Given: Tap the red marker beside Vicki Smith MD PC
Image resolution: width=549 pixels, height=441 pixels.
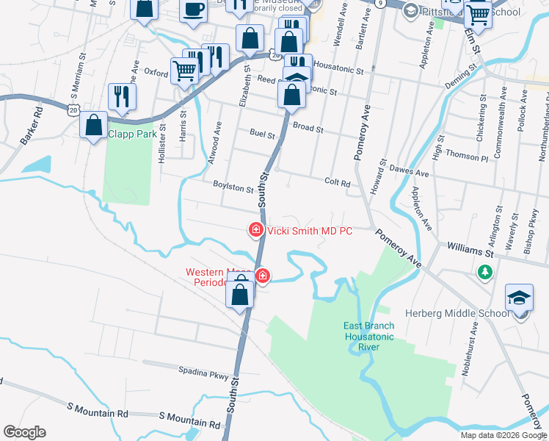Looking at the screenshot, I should click(x=256, y=230).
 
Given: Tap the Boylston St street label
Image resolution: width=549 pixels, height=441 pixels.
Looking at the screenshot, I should click(x=233, y=187).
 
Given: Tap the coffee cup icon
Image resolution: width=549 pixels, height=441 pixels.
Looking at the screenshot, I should click(x=193, y=10).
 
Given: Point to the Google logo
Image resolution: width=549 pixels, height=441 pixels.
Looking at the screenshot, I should click(x=23, y=432).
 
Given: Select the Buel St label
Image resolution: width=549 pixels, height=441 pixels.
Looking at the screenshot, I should click(x=262, y=135).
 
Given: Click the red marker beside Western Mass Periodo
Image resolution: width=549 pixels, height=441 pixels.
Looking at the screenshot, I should click(x=263, y=276).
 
